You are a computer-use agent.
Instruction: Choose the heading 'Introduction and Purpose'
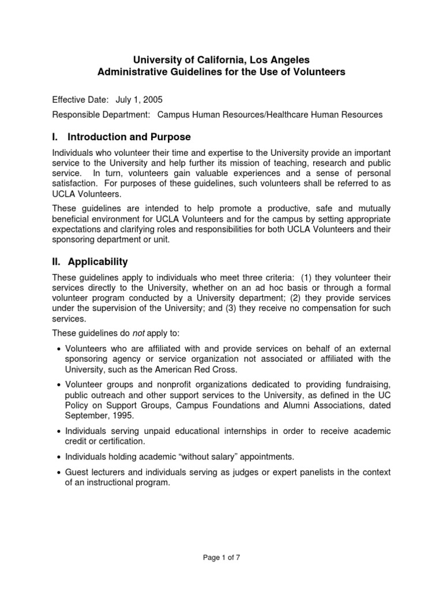coord(129,137)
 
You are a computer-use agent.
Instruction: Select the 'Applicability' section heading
coord(97,261)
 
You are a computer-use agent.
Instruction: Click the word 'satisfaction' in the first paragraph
coord(76,184)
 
